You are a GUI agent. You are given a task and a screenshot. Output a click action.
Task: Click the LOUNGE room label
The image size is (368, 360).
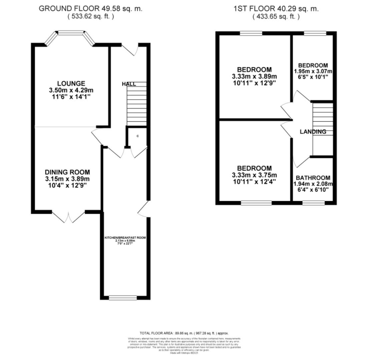tap(71, 83)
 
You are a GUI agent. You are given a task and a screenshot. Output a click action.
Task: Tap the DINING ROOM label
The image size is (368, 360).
tap(67, 172)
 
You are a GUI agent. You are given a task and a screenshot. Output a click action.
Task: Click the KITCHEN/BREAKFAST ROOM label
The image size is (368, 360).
tap(125, 238)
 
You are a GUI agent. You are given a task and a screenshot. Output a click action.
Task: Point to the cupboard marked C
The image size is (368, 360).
tap(137, 136)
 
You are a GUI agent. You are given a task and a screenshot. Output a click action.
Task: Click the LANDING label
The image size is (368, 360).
tap(313, 132)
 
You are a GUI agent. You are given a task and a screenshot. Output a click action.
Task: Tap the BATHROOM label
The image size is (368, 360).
tap(313, 178)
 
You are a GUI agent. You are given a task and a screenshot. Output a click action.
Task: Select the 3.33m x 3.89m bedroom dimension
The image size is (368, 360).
tap(254, 76)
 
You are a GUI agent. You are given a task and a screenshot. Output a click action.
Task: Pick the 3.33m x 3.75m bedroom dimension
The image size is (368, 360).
tap(254, 175)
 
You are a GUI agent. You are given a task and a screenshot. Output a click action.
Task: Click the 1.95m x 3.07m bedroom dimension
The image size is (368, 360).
tap(313, 71)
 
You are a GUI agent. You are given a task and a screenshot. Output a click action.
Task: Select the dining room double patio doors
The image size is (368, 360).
tap(69, 217)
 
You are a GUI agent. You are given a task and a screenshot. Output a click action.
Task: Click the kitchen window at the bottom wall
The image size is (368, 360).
tap(123, 297)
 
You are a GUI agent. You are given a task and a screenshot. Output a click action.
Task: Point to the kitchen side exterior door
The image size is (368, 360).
tap(144, 209)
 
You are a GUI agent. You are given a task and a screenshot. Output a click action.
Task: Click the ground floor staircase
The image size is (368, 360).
tap(136, 103)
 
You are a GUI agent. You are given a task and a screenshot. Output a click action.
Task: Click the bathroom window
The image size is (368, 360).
tap(313, 202)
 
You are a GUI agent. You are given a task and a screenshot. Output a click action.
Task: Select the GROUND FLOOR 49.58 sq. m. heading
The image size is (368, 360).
tap(90, 9)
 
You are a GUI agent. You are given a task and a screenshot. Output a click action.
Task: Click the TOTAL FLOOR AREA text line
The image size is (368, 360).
tap(184, 333)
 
